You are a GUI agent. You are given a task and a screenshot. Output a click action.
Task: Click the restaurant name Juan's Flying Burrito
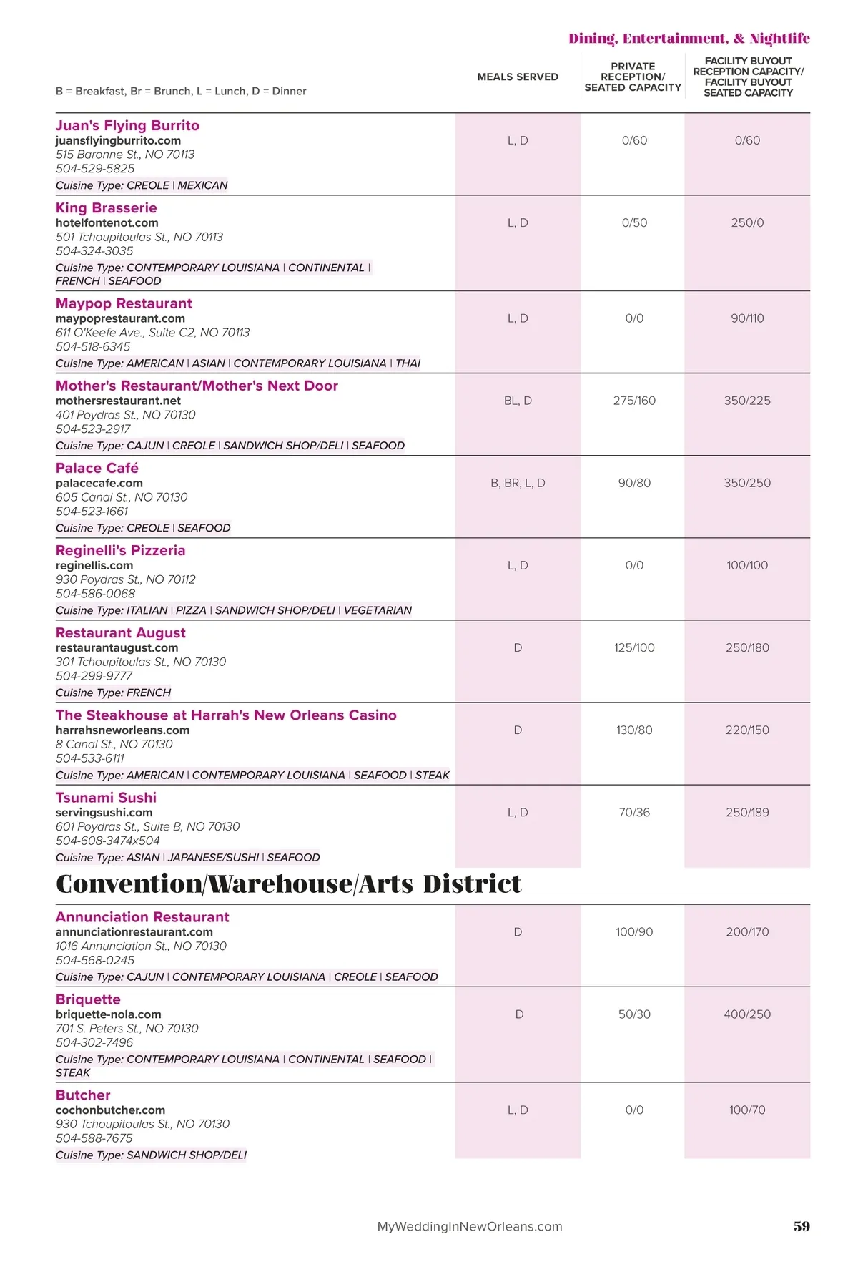tap(127, 125)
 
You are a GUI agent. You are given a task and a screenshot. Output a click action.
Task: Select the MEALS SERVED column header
tap(518, 77)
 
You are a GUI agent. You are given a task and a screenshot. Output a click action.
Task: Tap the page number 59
tap(802, 1226)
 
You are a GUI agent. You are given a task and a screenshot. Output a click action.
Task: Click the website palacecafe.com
tap(99, 483)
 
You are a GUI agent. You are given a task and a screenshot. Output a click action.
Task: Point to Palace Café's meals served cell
tap(518, 483)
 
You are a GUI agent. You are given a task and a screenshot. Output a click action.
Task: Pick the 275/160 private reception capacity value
tap(634, 401)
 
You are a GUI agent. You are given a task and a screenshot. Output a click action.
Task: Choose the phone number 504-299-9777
tap(94, 676)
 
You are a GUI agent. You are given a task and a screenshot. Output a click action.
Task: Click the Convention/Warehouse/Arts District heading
tap(289, 884)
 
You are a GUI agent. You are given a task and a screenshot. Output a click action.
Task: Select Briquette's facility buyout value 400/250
tap(747, 1014)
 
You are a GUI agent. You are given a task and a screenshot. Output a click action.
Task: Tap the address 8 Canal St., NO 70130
tap(114, 744)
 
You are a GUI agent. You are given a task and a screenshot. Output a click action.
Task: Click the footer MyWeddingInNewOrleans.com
tap(470, 1226)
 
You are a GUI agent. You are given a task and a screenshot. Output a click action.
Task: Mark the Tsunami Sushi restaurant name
tap(106, 798)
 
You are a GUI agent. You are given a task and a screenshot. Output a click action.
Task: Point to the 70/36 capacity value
tap(634, 813)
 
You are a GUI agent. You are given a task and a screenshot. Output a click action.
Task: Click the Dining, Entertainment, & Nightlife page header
tap(689, 39)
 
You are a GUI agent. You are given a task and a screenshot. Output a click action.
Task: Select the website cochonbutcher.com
tap(111, 1110)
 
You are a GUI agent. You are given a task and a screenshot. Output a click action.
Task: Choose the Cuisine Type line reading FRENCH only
tap(114, 693)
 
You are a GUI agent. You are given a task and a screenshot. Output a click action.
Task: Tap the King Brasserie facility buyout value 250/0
tap(747, 223)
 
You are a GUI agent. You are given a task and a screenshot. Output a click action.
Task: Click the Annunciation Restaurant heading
tap(142, 917)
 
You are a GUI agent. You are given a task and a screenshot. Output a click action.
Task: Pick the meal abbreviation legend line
tap(181, 91)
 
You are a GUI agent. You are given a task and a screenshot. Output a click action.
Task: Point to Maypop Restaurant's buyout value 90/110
tap(747, 318)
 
